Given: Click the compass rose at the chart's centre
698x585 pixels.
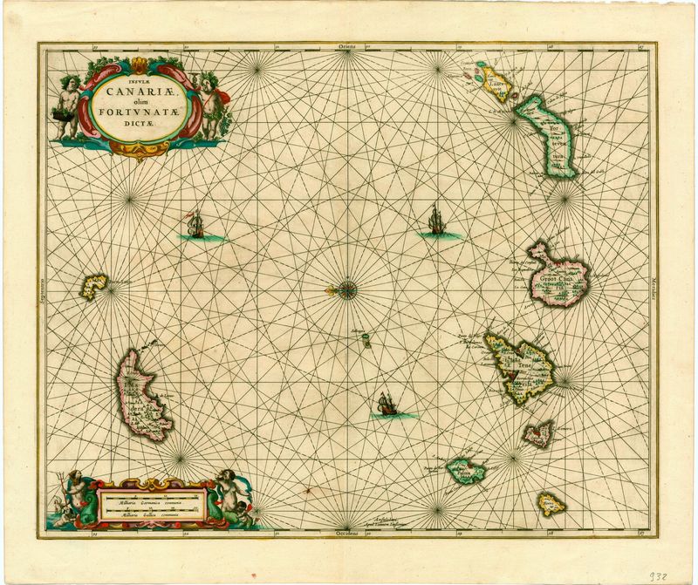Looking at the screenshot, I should pos(346,287).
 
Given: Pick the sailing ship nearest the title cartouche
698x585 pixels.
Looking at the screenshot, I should pos(195,227).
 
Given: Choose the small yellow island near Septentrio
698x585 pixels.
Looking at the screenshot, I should pos(93,286).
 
